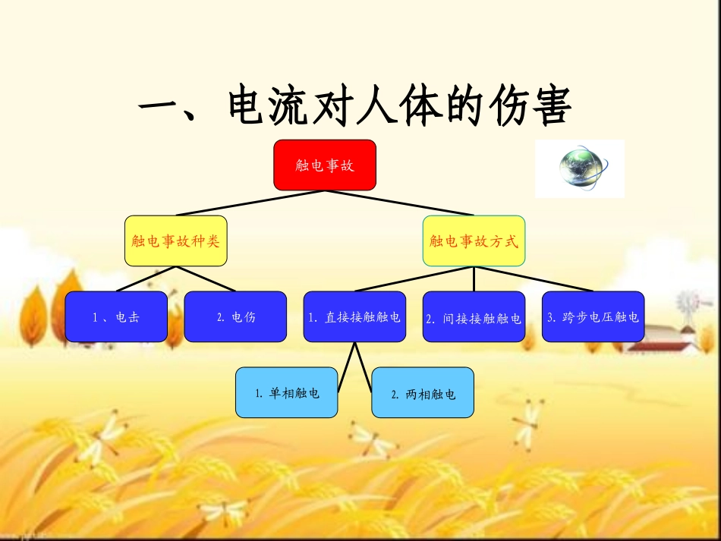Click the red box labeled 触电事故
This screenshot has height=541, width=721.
point(325,165)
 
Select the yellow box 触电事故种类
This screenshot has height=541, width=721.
point(175,241)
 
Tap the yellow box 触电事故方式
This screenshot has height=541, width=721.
point(474,241)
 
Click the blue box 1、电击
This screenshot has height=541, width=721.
point(116,316)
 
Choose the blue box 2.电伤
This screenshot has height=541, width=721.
point(235,316)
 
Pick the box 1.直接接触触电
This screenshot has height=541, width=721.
point(354,316)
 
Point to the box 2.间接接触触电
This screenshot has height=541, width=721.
point(474,317)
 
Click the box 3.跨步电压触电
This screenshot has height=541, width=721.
point(593,316)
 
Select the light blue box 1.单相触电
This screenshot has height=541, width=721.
point(286,392)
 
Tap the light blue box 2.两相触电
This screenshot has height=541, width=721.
point(423,393)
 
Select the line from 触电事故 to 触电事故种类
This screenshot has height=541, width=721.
point(250,203)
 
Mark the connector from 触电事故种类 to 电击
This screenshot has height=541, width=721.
point(146,279)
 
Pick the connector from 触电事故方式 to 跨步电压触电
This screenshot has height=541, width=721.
point(534,278)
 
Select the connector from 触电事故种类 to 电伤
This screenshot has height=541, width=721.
point(206,279)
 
